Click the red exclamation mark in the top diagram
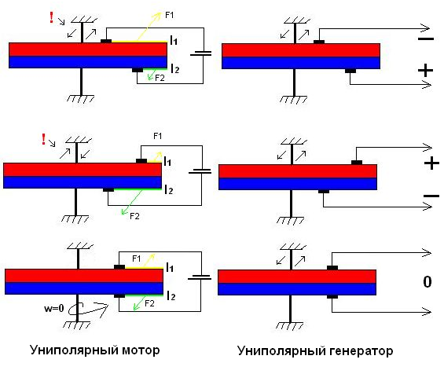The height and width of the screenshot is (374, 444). click(51, 17)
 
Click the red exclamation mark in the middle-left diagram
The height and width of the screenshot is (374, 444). click(43, 139)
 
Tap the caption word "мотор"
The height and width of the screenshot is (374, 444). click(141, 350)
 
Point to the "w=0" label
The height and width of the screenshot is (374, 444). click(54, 308)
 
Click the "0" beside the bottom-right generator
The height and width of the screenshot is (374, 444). click(427, 282)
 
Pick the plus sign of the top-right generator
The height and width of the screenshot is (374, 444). click(426, 70)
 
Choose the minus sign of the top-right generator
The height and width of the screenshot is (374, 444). click(426, 38)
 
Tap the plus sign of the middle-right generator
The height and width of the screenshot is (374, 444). click(431, 163)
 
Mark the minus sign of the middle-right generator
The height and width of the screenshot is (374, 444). click(431, 196)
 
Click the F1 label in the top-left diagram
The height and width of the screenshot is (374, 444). click(169, 15)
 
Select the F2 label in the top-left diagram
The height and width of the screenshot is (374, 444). click(160, 78)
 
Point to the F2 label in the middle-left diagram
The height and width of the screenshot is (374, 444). click(134, 216)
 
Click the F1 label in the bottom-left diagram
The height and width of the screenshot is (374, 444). click(137, 258)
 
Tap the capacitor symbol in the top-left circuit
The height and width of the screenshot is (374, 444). click(200, 53)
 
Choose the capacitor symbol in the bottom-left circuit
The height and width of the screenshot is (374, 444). click(200, 277)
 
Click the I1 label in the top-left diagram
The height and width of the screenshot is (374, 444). click(174, 40)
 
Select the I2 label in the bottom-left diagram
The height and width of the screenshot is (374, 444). click(171, 295)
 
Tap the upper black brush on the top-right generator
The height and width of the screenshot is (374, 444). click(319, 42)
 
